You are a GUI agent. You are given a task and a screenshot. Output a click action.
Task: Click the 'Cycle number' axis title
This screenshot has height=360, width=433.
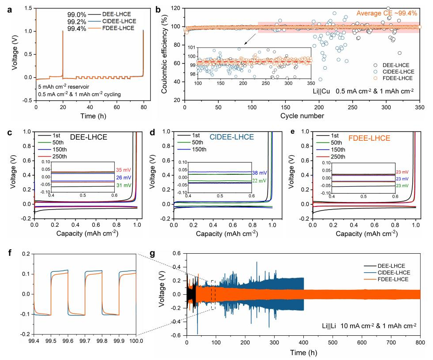pos(302,116)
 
